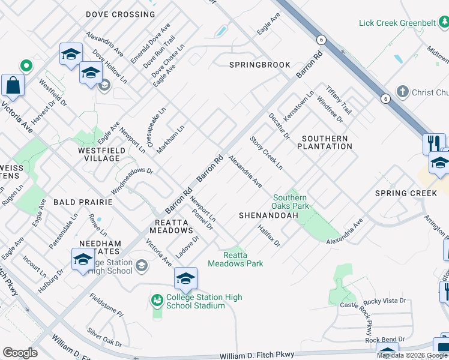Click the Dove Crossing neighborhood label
120,14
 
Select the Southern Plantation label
324,142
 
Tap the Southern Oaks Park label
291,202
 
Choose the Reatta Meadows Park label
235,259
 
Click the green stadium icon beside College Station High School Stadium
157,299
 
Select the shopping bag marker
13,86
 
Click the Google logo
20,353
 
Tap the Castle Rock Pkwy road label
365,318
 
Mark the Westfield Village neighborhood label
98,154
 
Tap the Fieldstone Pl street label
107,305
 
